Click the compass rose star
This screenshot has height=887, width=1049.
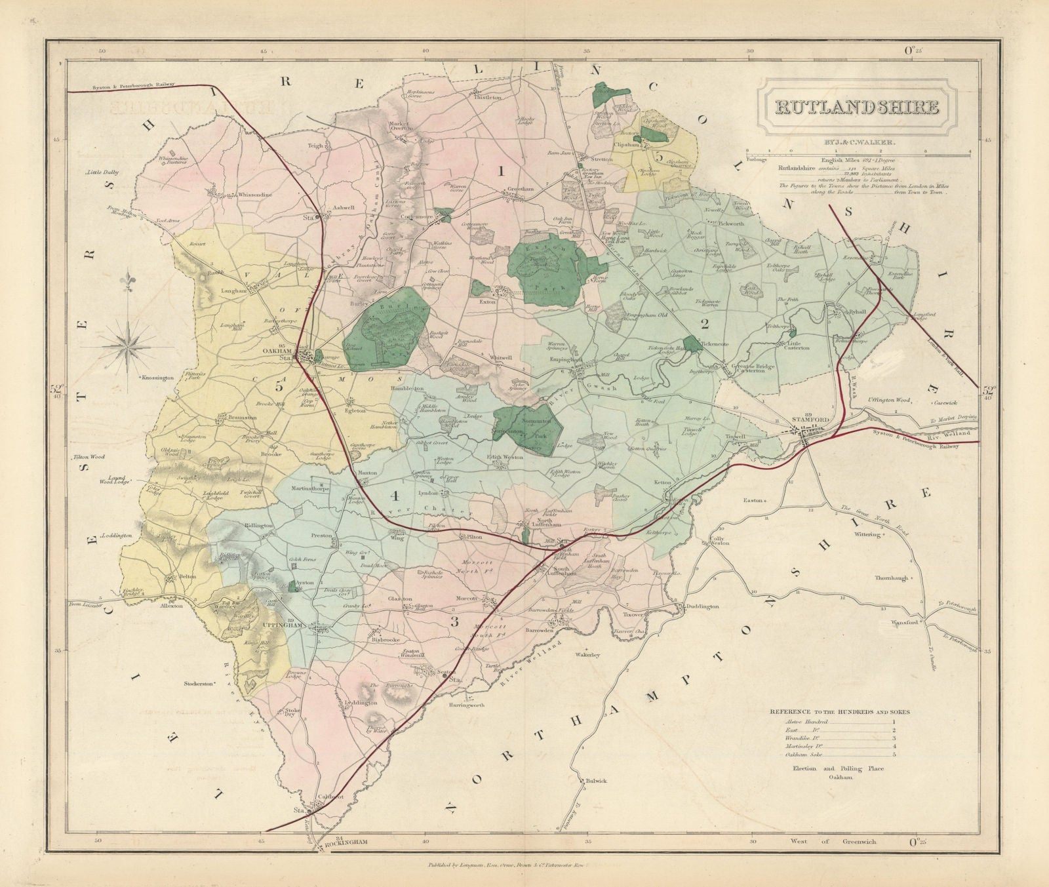[x=130, y=339]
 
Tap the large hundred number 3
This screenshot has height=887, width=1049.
[x=454, y=621]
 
